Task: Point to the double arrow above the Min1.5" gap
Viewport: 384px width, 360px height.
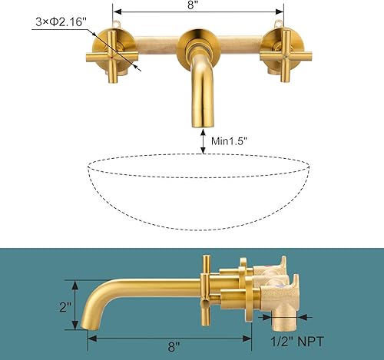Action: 202,140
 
